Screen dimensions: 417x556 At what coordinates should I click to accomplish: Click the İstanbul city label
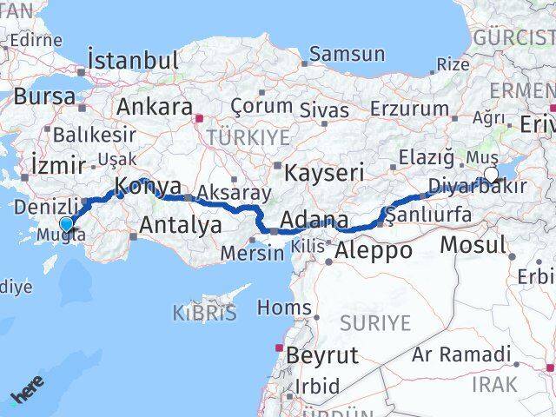click(x=133, y=61)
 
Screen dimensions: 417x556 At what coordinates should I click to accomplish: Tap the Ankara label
click(x=154, y=107)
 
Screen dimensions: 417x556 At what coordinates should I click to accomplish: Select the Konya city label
click(x=149, y=185)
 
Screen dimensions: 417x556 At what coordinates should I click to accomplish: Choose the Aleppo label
click(x=375, y=251)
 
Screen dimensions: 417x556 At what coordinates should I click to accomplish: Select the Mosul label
click(x=472, y=244)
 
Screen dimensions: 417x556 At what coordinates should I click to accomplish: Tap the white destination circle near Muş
click(x=491, y=175)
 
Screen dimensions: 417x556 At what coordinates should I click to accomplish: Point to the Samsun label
click(x=347, y=54)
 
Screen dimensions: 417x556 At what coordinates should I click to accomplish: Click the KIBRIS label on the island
click(x=204, y=313)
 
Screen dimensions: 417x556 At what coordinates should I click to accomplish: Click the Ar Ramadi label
click(x=461, y=354)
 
